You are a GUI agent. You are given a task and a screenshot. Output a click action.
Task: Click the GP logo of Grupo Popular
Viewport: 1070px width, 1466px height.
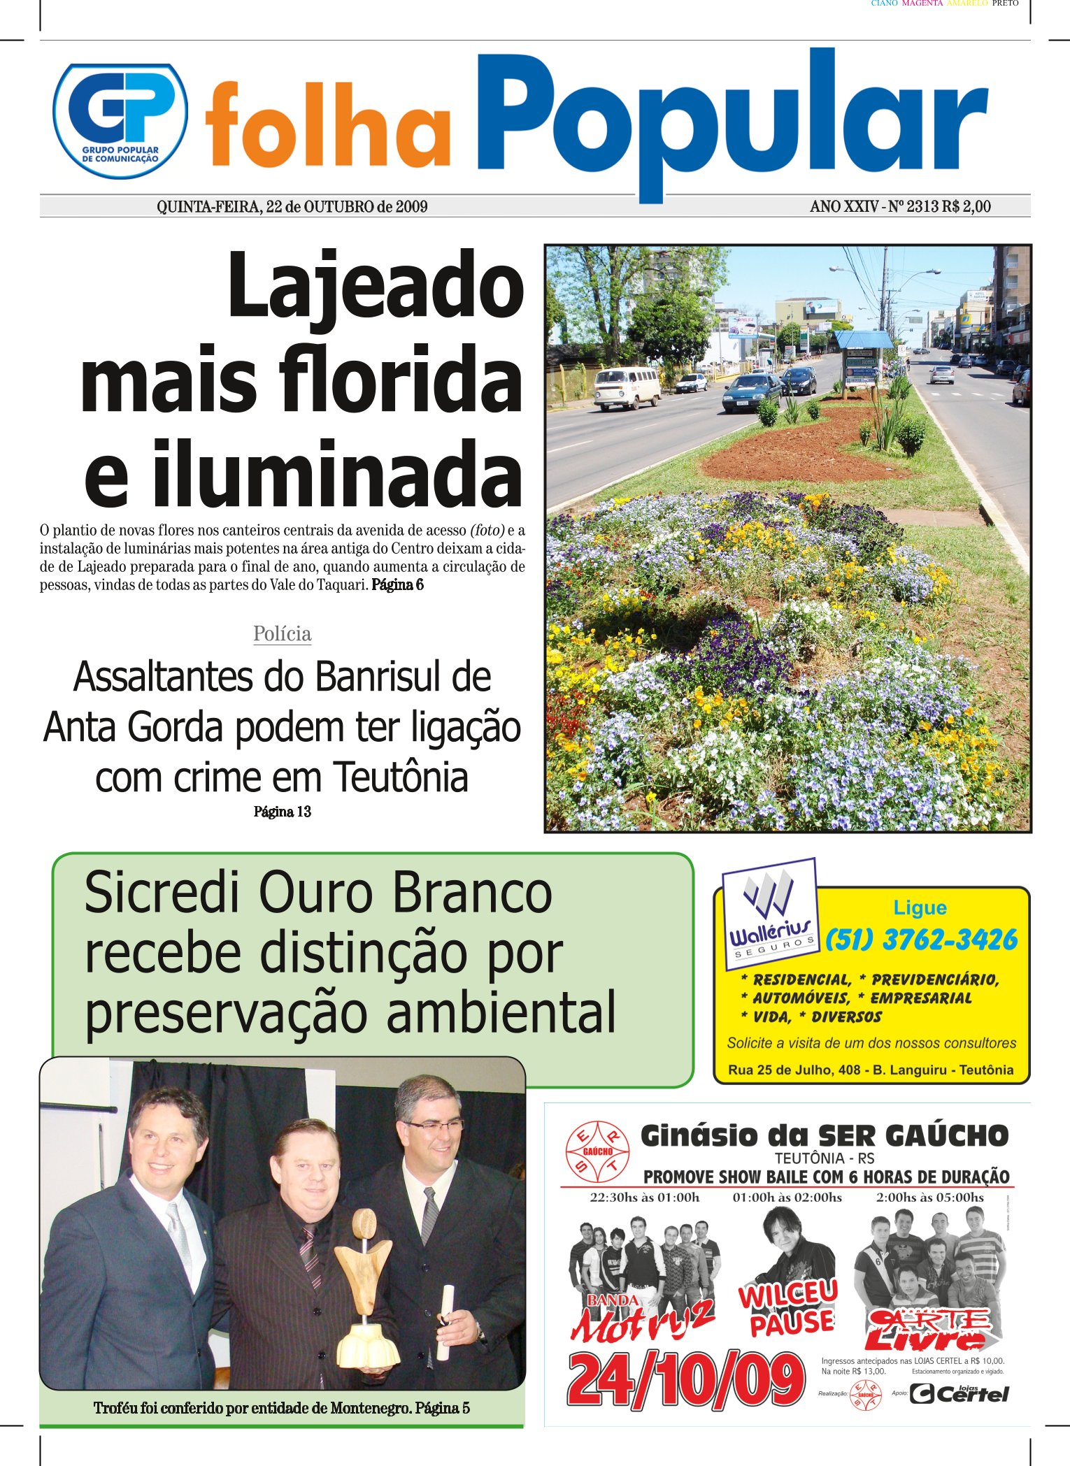(120, 120)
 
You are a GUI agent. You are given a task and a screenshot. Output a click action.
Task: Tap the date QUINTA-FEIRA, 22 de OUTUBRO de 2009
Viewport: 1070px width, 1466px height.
(292, 207)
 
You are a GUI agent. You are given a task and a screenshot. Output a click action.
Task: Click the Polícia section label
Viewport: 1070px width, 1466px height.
(282, 634)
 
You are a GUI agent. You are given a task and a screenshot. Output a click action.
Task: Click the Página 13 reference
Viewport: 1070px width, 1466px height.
(282, 812)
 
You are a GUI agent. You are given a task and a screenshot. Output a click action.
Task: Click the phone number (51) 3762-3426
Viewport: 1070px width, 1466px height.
(921, 940)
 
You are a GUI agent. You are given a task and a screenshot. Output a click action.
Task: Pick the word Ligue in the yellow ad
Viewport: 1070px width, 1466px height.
(920, 907)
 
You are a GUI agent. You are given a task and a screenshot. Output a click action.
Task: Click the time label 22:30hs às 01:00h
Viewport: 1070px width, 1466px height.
(644, 1198)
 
